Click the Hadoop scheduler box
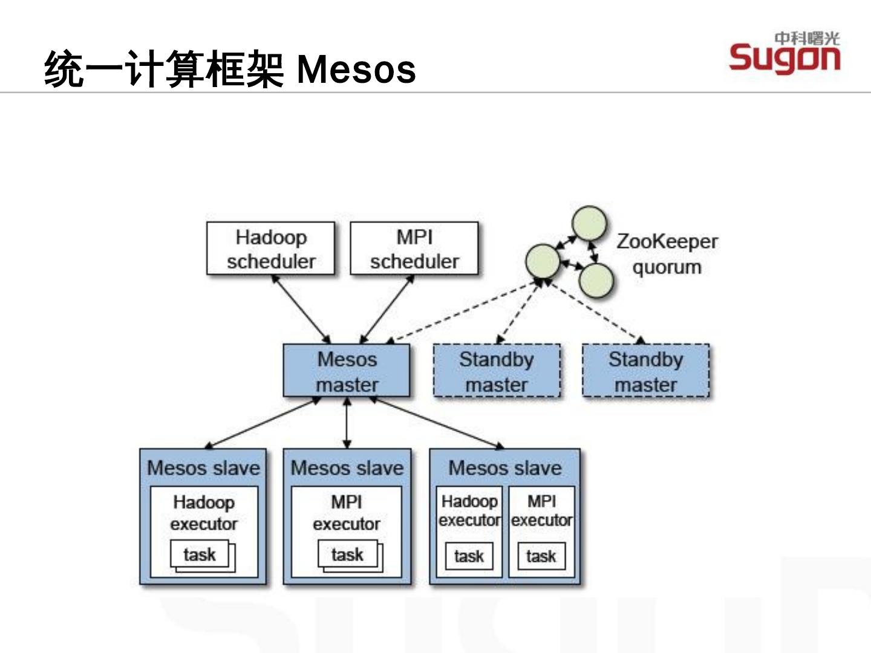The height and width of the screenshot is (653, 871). (x=270, y=248)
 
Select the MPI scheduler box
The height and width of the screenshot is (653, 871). (x=414, y=248)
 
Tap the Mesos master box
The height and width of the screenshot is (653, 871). (x=347, y=370)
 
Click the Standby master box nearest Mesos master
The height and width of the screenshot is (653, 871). (x=497, y=370)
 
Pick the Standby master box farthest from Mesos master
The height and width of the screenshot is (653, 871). (x=645, y=370)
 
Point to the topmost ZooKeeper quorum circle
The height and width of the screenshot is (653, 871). (x=589, y=224)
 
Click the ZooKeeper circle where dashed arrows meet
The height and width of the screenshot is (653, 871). (x=543, y=261)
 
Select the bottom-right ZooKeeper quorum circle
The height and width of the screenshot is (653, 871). (x=596, y=281)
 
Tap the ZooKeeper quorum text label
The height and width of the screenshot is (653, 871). (x=667, y=254)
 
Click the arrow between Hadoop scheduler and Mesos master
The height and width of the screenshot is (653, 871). (x=301, y=309)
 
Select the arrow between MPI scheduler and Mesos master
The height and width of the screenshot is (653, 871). (x=387, y=309)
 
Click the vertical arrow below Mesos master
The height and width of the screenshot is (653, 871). (x=347, y=423)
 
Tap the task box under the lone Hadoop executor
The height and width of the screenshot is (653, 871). (x=200, y=554)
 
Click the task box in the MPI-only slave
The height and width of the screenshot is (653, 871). (x=348, y=554)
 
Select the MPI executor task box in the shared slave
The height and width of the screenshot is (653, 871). (x=541, y=556)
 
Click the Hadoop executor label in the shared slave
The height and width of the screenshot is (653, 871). (x=469, y=511)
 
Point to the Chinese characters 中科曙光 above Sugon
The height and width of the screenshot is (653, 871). (x=807, y=39)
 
